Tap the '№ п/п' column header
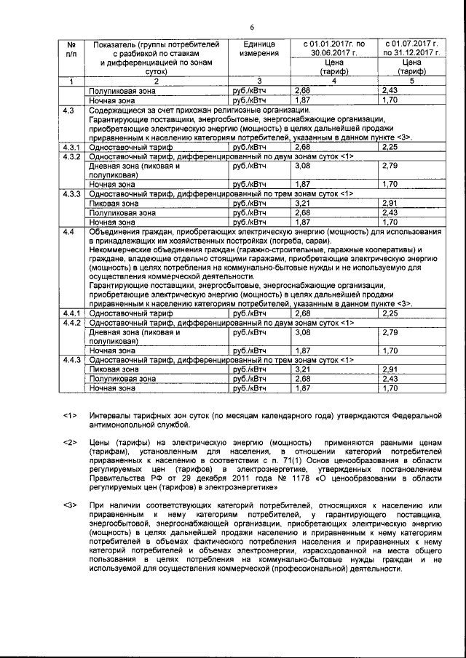(71, 49)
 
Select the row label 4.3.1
(71, 147)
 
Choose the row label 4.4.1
(71, 313)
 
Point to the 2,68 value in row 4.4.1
(303, 313)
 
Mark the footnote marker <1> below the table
(70, 416)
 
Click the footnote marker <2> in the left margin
(70, 443)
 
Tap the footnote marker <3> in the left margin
(70, 502)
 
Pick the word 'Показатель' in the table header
(111, 45)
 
